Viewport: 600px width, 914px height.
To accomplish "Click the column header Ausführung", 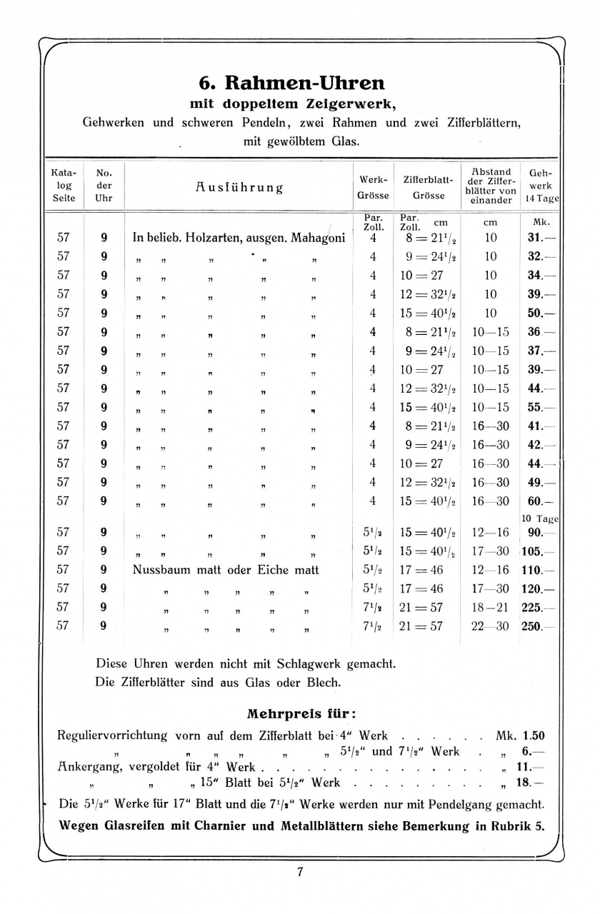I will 239,188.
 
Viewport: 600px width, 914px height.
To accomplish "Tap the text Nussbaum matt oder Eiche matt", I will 226,570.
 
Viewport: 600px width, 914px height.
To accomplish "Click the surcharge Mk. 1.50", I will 521,735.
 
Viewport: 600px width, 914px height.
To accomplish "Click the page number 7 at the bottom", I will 301,872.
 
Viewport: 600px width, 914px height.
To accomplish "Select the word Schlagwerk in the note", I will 306,663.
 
